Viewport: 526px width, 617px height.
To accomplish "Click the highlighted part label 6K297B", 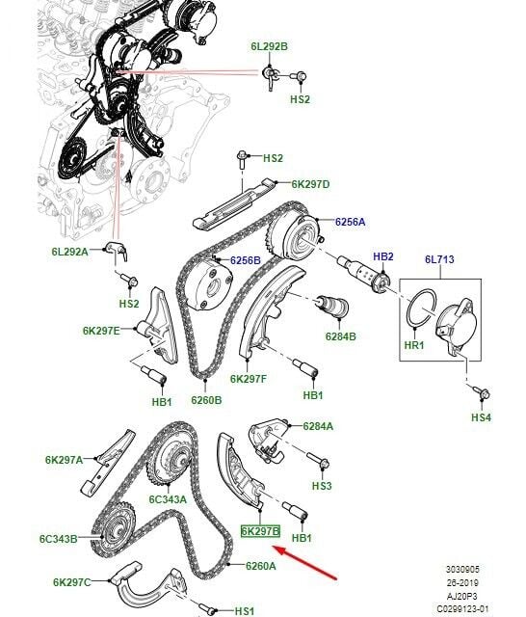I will click(259, 531).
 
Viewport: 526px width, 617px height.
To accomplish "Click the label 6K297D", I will click(310, 183).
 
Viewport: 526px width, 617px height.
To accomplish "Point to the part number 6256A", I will click(350, 221).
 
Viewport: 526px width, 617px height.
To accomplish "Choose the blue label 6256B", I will click(245, 260).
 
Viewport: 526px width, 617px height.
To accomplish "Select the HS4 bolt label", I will click(480, 417).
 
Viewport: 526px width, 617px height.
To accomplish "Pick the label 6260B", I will click(205, 399).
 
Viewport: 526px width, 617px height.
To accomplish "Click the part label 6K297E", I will click(101, 331).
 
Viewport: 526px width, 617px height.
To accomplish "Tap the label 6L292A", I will click(70, 252).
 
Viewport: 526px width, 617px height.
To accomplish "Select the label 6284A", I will click(318, 425).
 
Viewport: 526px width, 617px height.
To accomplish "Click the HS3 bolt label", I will click(322, 486).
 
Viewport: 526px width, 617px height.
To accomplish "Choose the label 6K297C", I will click(72, 582).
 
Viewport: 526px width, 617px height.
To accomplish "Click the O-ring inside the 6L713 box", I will click(421, 308).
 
